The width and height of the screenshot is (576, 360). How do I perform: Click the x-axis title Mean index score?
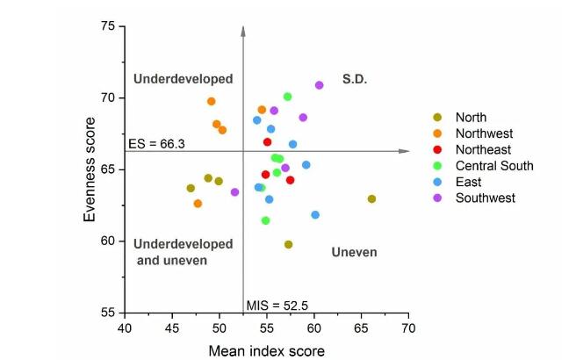pos(266,350)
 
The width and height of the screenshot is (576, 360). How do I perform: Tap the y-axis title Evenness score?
pos(91,169)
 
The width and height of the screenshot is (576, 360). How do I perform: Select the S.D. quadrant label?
pos(353,79)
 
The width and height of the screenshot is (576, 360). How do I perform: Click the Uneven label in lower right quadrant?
pos(354,252)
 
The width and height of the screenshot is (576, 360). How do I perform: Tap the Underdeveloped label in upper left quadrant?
pos(183,79)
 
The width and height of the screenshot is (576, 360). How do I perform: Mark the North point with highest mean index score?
pos(371,199)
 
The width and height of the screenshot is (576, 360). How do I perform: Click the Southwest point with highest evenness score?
pos(320,85)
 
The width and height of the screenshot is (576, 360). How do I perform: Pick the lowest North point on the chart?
pos(288,245)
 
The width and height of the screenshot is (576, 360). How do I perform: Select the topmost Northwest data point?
pos(212,102)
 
